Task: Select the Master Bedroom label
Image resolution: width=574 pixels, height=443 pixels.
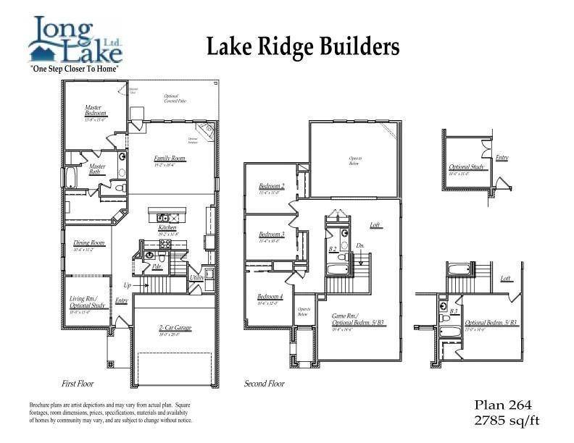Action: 96,111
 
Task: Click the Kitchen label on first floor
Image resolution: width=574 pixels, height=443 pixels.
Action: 167,227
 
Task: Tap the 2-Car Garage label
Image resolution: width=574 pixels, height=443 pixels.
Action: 174,328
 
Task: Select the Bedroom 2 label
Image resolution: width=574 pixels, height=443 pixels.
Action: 272,186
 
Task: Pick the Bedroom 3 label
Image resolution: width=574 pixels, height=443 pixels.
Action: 272,235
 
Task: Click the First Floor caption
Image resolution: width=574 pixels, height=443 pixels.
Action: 80,384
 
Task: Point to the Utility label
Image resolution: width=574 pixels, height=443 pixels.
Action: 196,277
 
